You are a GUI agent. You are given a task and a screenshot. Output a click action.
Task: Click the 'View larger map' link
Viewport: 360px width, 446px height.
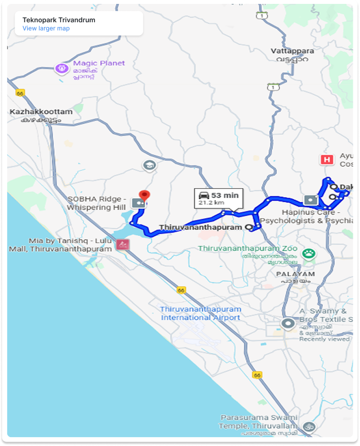46,28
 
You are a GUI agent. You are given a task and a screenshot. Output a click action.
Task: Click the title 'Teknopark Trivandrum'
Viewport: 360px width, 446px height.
58,19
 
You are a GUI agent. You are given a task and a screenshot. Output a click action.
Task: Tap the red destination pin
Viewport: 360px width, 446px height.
145,196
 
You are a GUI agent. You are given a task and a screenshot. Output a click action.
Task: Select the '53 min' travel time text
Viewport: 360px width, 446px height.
225,195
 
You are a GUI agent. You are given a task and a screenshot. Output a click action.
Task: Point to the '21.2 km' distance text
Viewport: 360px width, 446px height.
211,203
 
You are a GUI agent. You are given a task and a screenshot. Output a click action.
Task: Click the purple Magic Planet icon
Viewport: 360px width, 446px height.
62,68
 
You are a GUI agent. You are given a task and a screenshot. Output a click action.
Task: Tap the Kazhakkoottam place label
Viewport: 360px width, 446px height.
41,112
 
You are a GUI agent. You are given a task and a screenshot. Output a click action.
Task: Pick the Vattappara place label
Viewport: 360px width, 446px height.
292,51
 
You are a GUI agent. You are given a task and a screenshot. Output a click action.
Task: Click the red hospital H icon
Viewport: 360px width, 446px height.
327,160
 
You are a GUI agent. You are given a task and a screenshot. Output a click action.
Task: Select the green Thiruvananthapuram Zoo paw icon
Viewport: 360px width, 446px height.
309,253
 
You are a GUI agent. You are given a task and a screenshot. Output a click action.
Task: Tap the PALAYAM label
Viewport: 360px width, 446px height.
295,274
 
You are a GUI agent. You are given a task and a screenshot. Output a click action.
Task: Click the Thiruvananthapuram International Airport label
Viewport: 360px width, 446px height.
201,313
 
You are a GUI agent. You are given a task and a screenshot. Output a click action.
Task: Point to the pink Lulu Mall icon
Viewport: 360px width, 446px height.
122,244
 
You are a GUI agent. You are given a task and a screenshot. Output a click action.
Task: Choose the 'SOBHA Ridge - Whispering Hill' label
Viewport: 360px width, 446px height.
97,203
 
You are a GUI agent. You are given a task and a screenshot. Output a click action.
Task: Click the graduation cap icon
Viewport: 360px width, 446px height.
149,165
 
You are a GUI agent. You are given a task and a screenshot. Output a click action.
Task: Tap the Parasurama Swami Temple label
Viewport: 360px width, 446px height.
259,422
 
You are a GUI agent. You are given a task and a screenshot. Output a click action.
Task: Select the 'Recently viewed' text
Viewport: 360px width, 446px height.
324,339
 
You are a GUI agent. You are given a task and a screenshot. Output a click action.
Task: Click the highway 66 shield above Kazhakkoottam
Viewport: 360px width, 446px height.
21,93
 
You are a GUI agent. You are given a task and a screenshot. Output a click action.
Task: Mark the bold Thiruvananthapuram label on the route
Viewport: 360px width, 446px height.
200,227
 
